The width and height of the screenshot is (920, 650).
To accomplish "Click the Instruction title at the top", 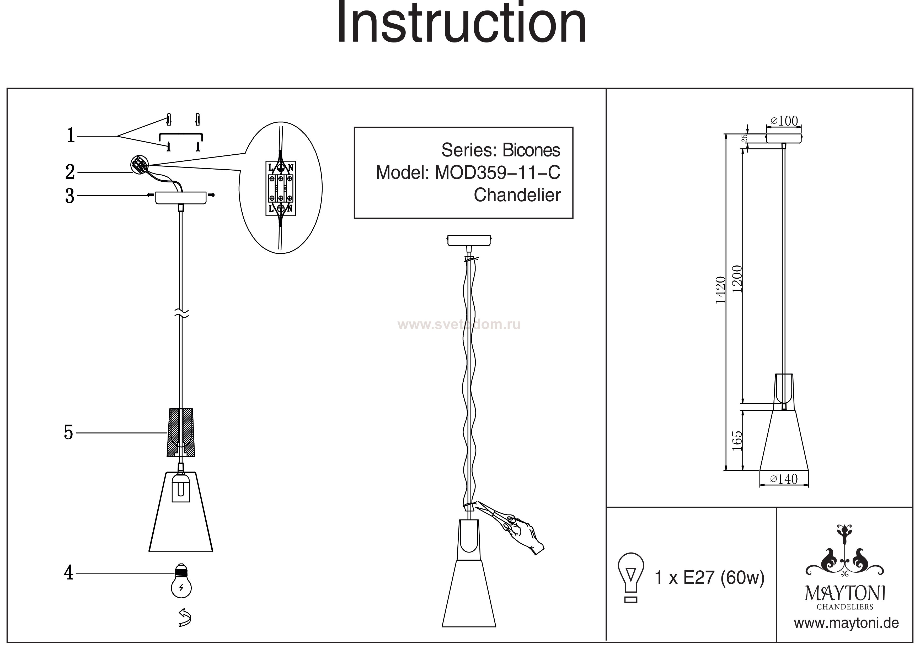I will pyautogui.click(x=461, y=24).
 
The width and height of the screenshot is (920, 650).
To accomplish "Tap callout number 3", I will pyautogui.click(x=70, y=196).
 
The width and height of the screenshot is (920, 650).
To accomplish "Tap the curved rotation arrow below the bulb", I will pyautogui.click(x=184, y=617).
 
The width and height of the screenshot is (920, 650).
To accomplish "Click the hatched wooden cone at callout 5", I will pyautogui.click(x=181, y=432).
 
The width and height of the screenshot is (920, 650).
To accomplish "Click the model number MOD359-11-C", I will pyautogui.click(x=497, y=173).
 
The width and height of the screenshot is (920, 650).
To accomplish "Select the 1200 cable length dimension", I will pyautogui.click(x=737, y=279).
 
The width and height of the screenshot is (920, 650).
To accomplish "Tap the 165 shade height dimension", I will pyautogui.click(x=737, y=441).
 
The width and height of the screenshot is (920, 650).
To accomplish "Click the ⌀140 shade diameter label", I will pyautogui.click(x=784, y=479).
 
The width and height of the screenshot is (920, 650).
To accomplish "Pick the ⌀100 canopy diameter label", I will pyautogui.click(x=784, y=121).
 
